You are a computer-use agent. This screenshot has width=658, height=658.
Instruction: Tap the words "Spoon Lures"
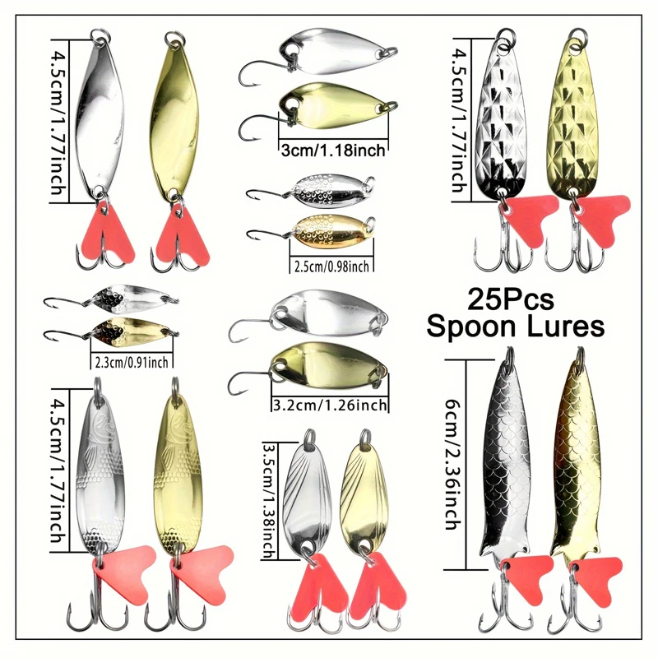coord(516,326)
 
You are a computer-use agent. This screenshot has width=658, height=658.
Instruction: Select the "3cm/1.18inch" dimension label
coord(333,149)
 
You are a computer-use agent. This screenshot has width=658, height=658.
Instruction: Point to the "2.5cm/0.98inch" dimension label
coord(331,265)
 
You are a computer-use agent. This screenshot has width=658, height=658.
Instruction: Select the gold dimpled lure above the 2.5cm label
coord(330,228)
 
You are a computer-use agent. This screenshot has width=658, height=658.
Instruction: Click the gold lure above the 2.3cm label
coord(132,331)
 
